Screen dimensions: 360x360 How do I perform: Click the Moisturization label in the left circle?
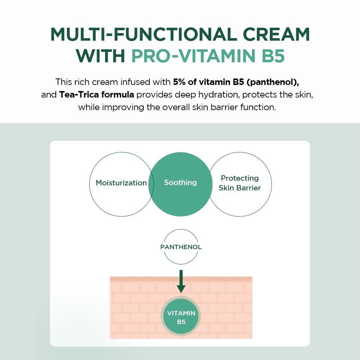121,183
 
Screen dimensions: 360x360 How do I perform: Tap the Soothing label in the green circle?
180,183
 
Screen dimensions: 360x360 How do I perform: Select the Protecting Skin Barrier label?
240,183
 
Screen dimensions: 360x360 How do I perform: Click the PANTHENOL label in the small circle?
181,247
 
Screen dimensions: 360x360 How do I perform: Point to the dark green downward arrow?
181,281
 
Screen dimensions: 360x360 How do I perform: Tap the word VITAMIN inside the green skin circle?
181,313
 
